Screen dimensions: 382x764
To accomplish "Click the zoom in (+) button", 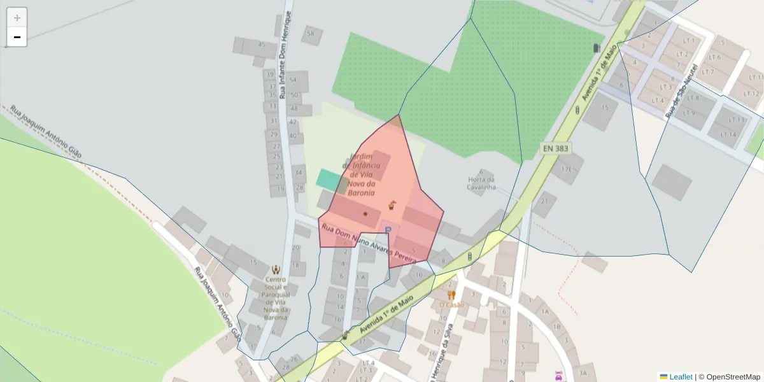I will (17, 17).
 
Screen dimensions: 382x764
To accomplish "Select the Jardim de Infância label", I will (361, 174).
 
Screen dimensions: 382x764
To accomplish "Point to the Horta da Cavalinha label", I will (481, 183).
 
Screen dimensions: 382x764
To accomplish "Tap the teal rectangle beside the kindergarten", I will (329, 179).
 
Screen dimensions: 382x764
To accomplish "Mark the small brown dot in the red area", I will (365, 214).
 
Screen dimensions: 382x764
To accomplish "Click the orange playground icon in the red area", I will (393, 205).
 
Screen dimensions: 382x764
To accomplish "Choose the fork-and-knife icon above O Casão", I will (451, 295).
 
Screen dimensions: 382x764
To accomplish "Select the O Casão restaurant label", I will (451, 305).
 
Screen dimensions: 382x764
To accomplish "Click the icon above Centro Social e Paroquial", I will (276, 270).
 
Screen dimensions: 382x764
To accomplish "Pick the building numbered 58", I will (311, 34).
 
